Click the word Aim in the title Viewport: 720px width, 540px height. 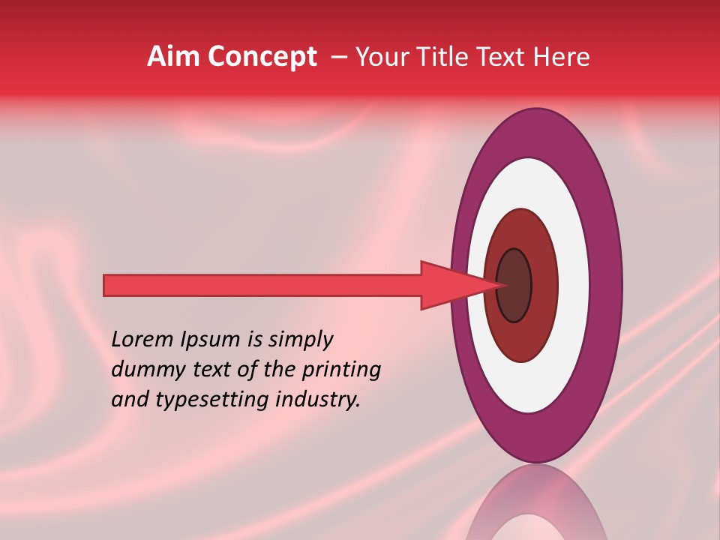tap(174, 57)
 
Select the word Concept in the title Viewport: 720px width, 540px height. tap(262, 57)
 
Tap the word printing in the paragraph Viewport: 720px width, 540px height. tap(341, 370)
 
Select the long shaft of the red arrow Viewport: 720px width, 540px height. tap(262, 285)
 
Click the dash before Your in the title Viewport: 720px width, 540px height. tap(339, 57)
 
